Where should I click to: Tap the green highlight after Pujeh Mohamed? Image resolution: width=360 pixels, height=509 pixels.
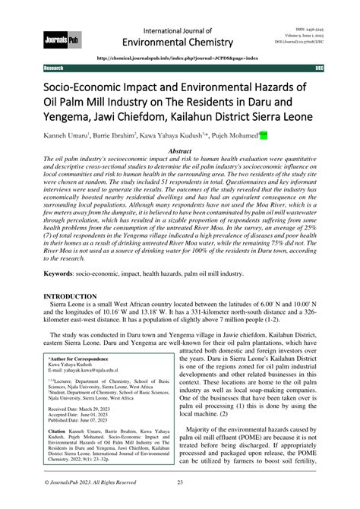coord(264,136)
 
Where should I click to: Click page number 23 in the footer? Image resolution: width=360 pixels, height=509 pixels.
coord(180,502)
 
